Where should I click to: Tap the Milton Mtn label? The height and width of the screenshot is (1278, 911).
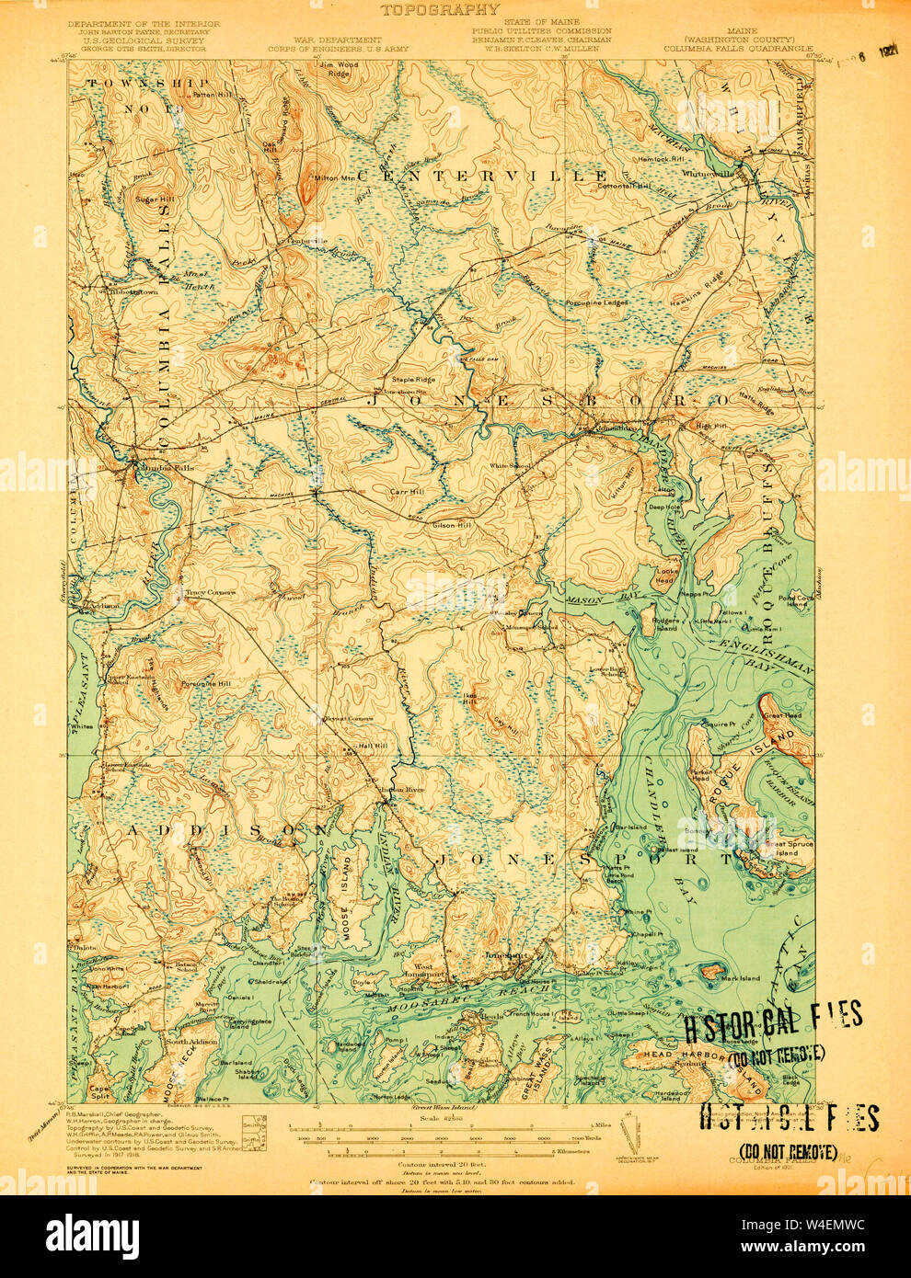click(335, 177)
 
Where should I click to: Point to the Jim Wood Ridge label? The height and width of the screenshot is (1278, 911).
click(339, 68)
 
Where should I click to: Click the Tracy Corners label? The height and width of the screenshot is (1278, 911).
click(211, 592)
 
